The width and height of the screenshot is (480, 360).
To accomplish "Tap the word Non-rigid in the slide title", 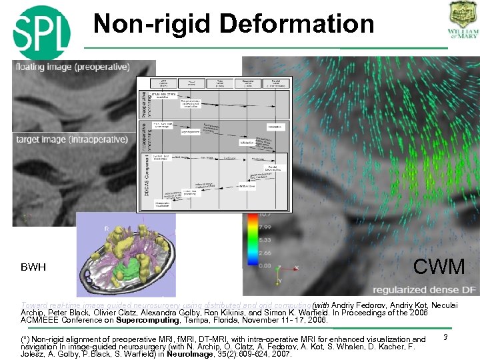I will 151,24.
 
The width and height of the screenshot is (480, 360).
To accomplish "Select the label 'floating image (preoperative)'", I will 74,67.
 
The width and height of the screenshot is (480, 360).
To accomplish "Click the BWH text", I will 33,267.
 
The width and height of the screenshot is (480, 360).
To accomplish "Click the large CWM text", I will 438,267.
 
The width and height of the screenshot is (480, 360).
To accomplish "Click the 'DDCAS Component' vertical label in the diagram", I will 145,178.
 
